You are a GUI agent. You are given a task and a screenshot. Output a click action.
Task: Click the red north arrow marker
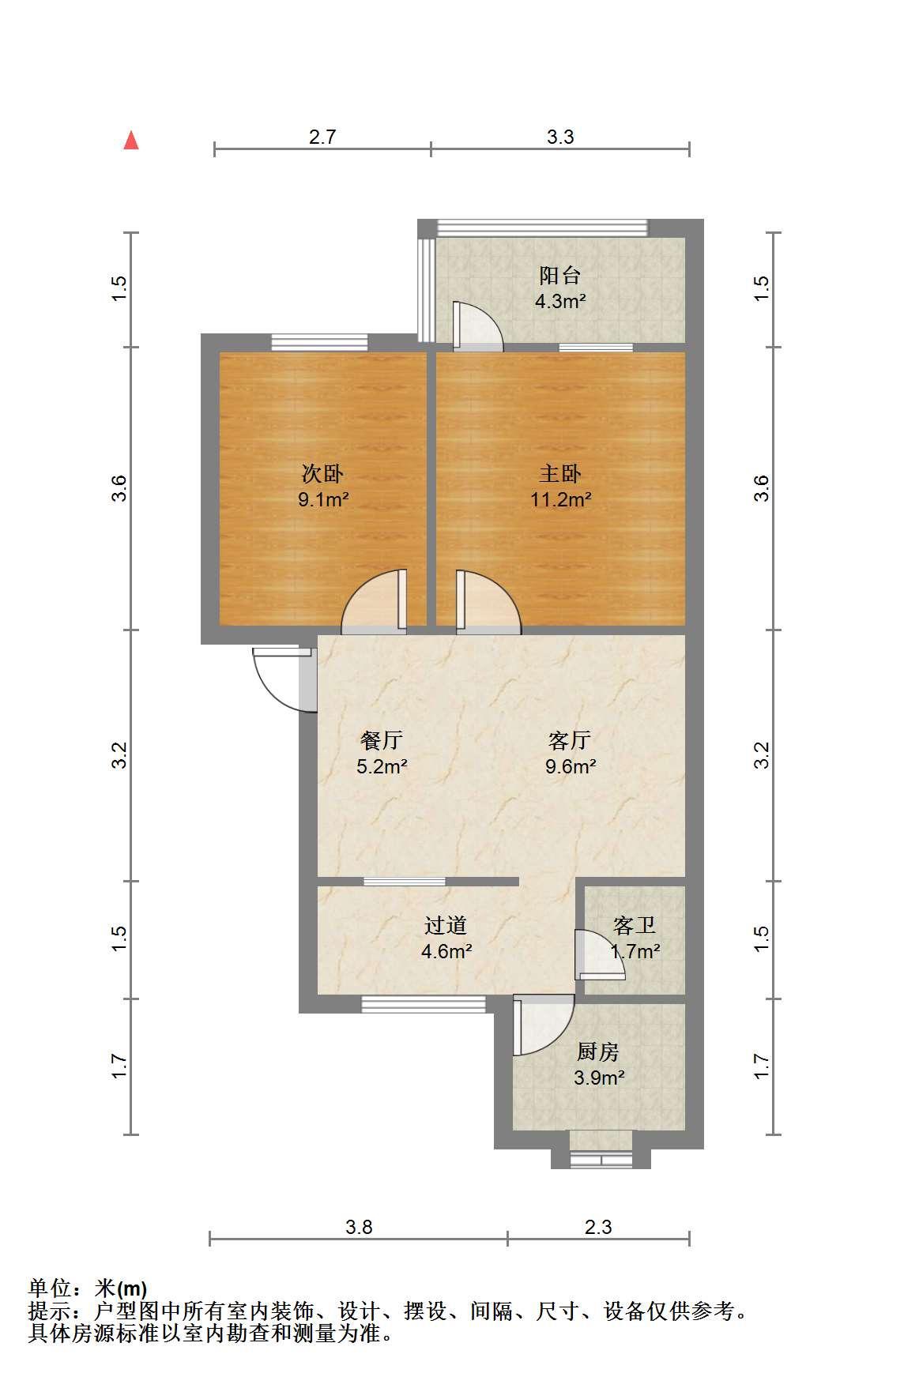(x=131, y=141)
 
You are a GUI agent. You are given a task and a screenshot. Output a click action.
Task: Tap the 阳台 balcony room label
(x=560, y=275)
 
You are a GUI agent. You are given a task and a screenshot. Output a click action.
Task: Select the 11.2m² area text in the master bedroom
(x=561, y=499)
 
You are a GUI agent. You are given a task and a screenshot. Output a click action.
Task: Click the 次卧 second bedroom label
(x=323, y=473)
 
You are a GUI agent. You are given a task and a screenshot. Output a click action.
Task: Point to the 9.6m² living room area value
(x=571, y=765)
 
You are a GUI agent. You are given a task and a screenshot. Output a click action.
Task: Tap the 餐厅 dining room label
(x=382, y=740)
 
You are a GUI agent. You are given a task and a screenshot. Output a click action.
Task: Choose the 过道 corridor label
(x=446, y=925)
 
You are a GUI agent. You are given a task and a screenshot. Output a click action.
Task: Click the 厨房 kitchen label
(x=598, y=1051)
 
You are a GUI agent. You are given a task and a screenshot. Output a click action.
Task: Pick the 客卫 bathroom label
(x=635, y=925)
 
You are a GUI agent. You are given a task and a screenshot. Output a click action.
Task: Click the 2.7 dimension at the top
(x=322, y=137)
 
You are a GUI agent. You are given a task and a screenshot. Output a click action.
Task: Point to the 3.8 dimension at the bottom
(x=359, y=1227)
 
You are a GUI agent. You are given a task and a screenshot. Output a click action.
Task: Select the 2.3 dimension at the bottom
(x=598, y=1227)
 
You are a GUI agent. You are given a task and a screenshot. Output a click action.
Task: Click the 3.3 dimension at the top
(x=560, y=137)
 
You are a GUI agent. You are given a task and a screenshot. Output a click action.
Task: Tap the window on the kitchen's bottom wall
(x=601, y=1160)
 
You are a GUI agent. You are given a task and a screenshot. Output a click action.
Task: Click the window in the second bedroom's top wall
(x=320, y=342)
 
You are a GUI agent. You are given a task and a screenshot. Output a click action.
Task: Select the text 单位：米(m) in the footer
(x=88, y=1289)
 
